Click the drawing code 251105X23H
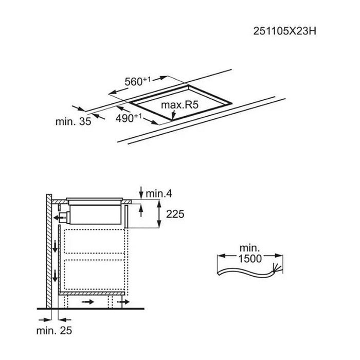tap(285, 31)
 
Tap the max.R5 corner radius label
tap(179, 105)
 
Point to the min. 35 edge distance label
tap(73, 121)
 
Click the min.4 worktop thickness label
tap(158, 194)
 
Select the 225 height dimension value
tap(175, 214)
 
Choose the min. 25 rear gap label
tap(54, 331)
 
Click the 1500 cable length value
tap(250, 259)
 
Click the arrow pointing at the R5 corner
tap(173, 115)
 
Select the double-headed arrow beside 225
tap(159, 213)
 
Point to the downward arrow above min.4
tap(141, 192)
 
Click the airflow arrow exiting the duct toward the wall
tap(58, 218)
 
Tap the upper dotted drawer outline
tap(94, 242)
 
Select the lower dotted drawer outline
tap(94, 275)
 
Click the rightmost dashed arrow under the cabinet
tap(123, 302)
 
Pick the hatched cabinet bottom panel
tap(92, 294)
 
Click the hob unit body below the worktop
tap(95, 214)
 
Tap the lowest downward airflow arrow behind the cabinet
tap(55, 277)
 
